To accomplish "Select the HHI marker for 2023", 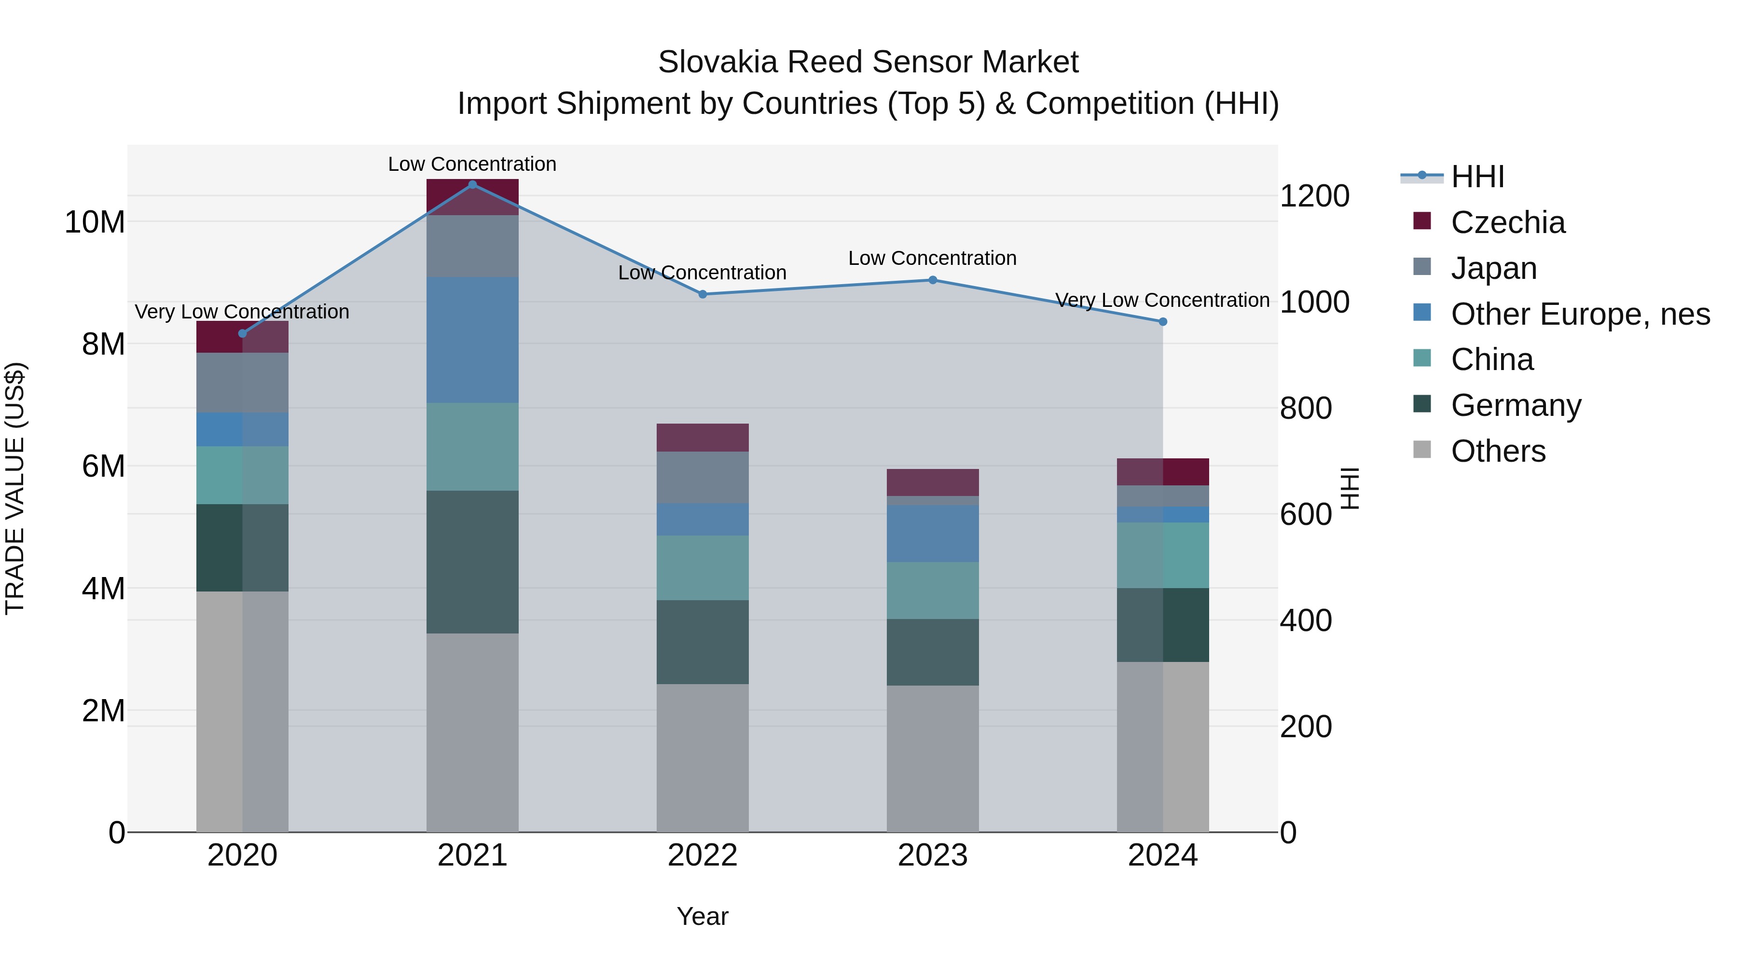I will tap(933, 280).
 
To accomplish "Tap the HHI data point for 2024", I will tap(1162, 322).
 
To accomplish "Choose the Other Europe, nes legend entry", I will tap(1580, 314).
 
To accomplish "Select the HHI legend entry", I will tap(1477, 177).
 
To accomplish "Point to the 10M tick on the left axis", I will tap(95, 222).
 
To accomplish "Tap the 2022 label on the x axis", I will tap(702, 855).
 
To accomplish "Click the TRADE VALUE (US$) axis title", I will tap(15, 488).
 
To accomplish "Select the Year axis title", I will tap(702, 916).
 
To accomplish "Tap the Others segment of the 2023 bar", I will tap(933, 758).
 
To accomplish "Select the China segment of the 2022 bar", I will tap(702, 568).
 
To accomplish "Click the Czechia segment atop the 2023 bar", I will tap(933, 482).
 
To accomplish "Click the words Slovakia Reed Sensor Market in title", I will tap(868, 62).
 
